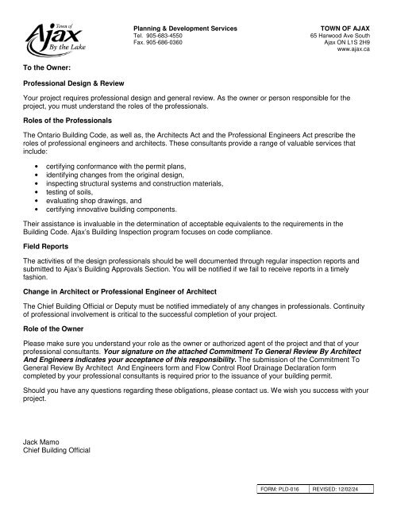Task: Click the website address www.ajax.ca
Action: click(x=354, y=50)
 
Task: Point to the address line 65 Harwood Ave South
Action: click(x=342, y=36)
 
